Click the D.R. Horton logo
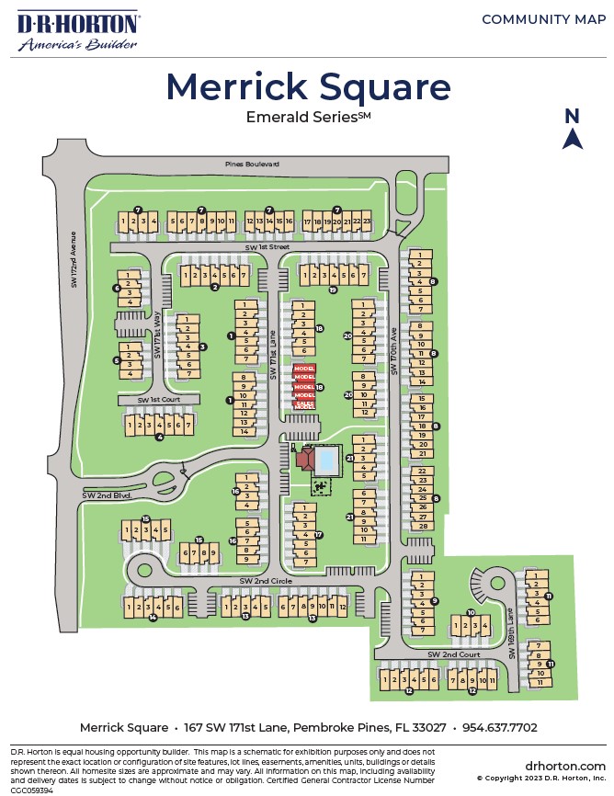(77, 30)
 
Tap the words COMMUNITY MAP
(543, 19)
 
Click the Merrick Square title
(308, 87)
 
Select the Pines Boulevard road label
(252, 164)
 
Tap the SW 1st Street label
(267, 247)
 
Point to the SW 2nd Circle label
(265, 581)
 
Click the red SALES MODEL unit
(304, 404)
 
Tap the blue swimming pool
(325, 457)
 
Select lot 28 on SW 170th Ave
(424, 527)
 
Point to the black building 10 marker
(470, 612)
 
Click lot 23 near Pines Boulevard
(367, 222)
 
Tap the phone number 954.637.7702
(499, 727)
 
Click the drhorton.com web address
(565, 766)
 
